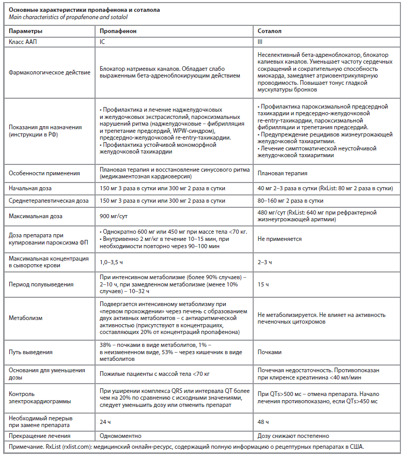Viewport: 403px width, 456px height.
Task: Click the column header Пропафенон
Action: [118, 31]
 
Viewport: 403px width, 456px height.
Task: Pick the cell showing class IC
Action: [102, 41]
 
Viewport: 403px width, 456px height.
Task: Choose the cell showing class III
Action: [260, 41]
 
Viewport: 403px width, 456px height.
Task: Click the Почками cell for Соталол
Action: [270, 352]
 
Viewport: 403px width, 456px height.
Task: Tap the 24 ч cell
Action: [105, 422]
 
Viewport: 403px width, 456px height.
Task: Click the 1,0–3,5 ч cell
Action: [113, 262]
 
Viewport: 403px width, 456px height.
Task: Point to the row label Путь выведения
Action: [31, 352]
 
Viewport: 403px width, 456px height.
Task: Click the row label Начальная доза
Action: [30, 188]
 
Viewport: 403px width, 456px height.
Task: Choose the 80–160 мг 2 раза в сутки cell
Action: [290, 200]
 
